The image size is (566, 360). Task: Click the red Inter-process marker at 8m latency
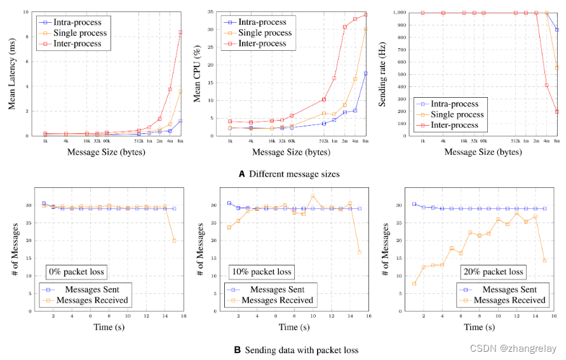[180, 32]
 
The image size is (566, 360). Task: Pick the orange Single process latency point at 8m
[180, 92]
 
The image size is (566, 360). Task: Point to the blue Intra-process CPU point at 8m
[365, 74]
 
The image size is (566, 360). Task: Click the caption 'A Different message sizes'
[287, 174]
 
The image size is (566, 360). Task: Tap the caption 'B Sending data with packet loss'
[287, 350]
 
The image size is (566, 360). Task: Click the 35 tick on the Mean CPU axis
[215, 12]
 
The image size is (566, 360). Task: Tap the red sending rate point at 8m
[557, 111]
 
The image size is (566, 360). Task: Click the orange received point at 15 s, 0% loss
[174, 241]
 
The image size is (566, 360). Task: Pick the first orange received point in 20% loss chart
[414, 283]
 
